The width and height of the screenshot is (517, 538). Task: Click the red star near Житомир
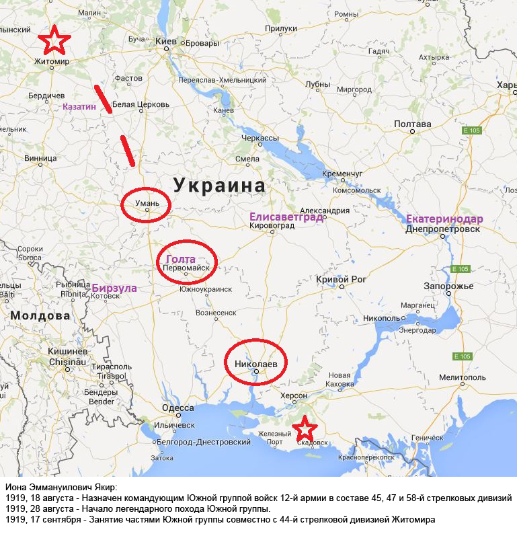(54, 41)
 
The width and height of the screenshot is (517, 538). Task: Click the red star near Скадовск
(305, 428)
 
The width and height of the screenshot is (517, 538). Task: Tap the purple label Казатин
(79, 106)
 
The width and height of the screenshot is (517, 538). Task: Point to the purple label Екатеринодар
(444, 219)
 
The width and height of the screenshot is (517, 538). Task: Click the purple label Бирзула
(114, 288)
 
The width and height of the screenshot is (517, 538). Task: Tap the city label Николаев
(255, 364)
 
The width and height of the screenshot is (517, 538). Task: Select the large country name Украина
(219, 185)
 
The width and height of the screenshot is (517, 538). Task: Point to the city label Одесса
(178, 408)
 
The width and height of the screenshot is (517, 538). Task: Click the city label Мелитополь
(462, 377)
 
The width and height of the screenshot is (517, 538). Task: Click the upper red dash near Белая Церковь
(103, 98)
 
